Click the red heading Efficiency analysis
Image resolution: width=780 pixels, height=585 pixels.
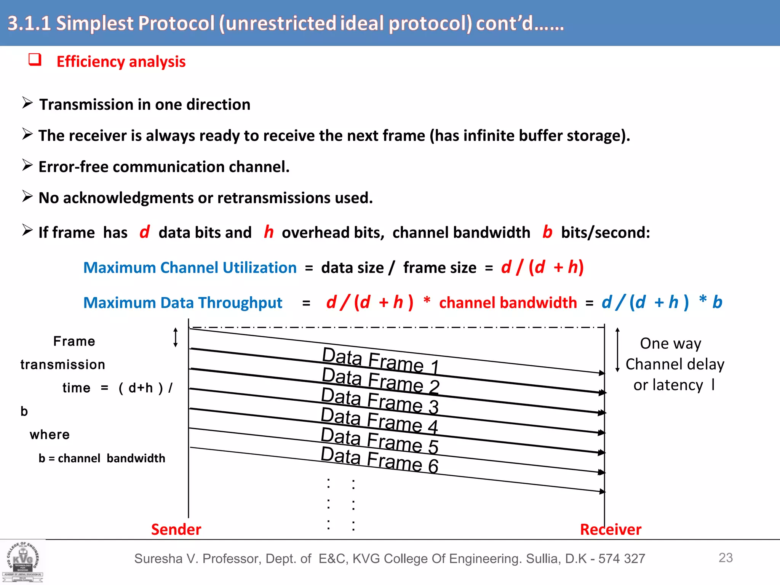(121, 62)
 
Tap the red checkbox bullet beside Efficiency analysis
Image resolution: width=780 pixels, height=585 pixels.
(35, 60)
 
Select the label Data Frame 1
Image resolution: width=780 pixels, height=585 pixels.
(380, 360)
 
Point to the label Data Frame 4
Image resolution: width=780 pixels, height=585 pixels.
(379, 420)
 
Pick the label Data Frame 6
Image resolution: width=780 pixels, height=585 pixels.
(379, 460)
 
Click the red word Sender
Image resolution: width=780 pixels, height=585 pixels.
(176, 529)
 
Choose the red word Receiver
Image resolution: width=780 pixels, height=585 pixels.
(611, 529)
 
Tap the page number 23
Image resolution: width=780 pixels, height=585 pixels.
(726, 558)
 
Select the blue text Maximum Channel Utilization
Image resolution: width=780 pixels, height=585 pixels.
(190, 268)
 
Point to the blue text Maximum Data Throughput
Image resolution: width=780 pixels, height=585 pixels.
(183, 303)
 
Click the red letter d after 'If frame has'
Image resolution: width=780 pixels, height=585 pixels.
(144, 232)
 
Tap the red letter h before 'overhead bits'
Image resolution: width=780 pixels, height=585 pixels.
(269, 232)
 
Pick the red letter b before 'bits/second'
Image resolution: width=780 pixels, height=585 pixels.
(547, 232)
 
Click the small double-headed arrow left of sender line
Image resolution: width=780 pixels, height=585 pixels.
(176, 337)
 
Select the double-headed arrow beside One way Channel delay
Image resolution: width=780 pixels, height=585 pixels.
(617, 350)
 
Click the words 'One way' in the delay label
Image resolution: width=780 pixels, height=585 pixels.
(670, 344)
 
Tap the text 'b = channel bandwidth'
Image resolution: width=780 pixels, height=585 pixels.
(102, 458)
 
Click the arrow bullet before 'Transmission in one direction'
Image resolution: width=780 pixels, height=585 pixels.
(27, 103)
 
